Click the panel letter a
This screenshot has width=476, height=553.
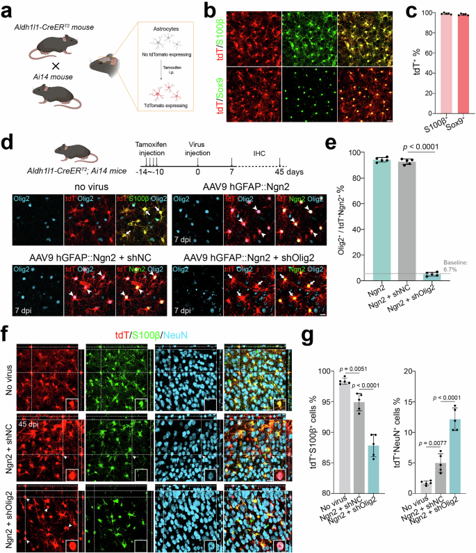point(6,7)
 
